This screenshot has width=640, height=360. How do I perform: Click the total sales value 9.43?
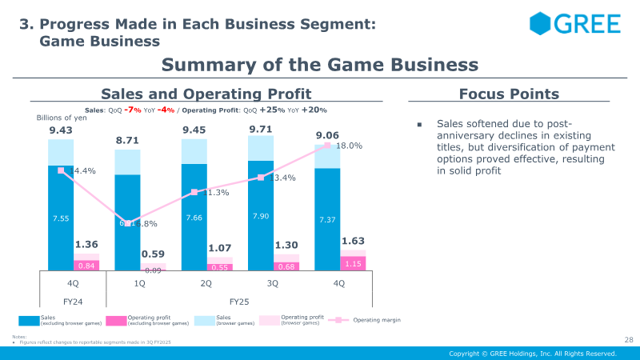pos(61,130)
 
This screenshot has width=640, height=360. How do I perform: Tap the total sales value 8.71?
pos(127,140)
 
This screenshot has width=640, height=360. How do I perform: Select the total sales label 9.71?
pos(261,129)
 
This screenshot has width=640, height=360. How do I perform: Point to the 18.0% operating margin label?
pos(349,146)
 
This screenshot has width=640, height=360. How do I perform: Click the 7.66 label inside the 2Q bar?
pos(194,218)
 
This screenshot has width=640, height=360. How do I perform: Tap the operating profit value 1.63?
pos(354,240)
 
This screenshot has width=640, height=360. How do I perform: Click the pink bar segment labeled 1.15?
pos(354,262)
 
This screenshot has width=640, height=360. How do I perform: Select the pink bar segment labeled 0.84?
pos(86,266)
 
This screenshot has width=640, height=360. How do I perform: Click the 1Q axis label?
pos(139,283)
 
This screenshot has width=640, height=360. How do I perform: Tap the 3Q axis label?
pos(272,283)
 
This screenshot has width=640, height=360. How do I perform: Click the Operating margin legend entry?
pos(376,320)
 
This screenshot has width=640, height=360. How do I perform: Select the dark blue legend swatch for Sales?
pos(27,320)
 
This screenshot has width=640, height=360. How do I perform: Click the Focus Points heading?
pos(509,94)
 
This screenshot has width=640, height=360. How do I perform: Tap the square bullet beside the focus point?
pos(418,125)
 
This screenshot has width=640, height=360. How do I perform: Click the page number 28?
pos(628,341)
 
